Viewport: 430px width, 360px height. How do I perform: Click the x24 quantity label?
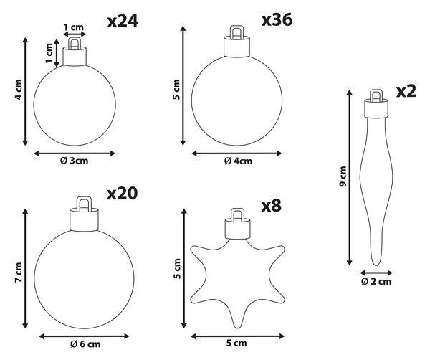[x=123, y=22]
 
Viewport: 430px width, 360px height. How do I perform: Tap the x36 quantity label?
[x=277, y=20]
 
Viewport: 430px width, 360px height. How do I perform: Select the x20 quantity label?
[x=123, y=194]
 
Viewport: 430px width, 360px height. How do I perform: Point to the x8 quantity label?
[x=271, y=206]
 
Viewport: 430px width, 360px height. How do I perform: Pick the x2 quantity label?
[x=406, y=91]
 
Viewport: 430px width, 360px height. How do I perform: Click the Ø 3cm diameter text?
[x=75, y=161]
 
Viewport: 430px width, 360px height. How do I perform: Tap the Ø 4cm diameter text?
[x=239, y=161]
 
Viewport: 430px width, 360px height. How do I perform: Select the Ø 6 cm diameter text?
[x=85, y=344]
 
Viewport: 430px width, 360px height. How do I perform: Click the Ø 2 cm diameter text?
[x=376, y=281]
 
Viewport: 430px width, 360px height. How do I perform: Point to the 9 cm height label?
[x=343, y=176]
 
